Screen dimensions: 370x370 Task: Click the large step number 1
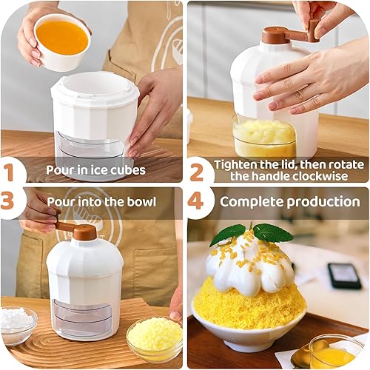[10, 172]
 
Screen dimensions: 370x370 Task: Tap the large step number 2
[196, 172]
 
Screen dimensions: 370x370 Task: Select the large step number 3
[7, 201]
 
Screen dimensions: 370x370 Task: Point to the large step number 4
[195, 201]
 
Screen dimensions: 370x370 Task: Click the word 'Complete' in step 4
[252, 202]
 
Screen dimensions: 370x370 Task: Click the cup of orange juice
[62, 42]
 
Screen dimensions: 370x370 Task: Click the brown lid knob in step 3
[84, 232]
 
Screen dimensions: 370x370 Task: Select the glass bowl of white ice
[18, 325]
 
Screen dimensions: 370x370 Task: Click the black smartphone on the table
[345, 275]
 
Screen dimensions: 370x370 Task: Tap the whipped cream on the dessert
[250, 267]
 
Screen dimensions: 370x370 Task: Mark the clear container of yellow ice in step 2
[264, 136]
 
